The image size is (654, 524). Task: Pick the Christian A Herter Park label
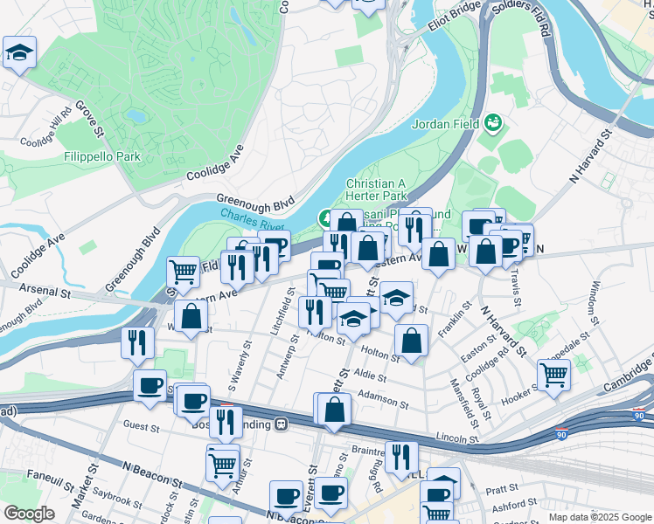click(x=376, y=190)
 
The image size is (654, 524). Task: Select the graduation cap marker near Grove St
click(x=19, y=53)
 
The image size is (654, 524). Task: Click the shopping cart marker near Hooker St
click(x=553, y=376)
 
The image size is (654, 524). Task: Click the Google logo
click(x=29, y=514)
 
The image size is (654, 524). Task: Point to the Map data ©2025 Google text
click(x=600, y=517)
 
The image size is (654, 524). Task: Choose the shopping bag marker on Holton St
click(x=411, y=341)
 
